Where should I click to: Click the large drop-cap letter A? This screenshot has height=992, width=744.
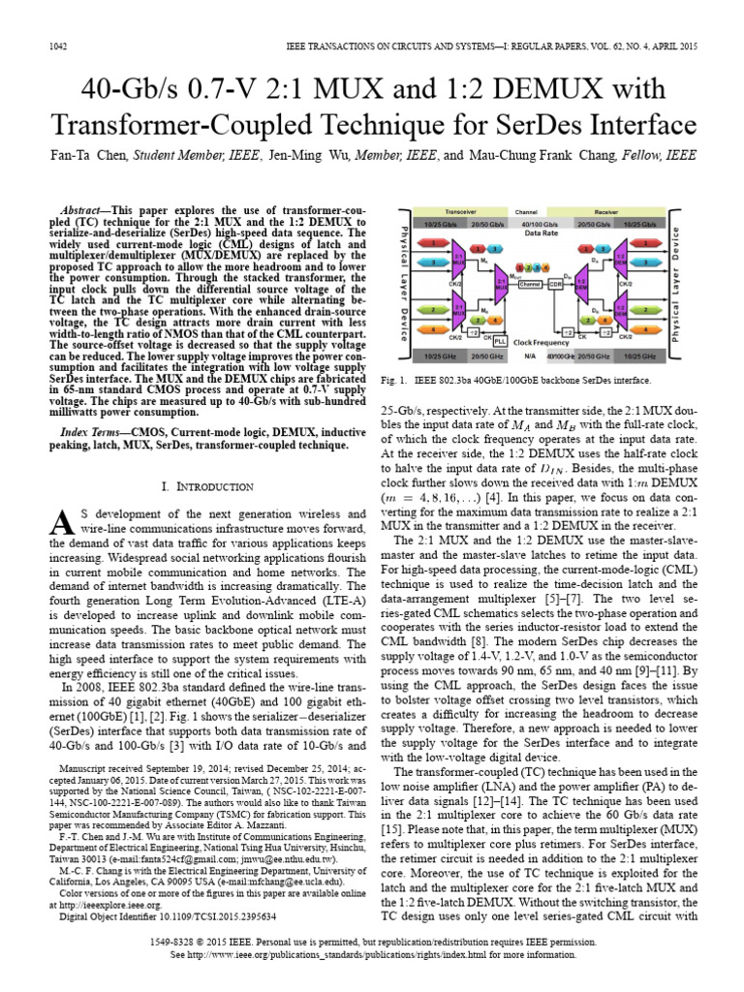[60, 522]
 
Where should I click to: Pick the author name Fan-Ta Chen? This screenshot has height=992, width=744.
[84, 154]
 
